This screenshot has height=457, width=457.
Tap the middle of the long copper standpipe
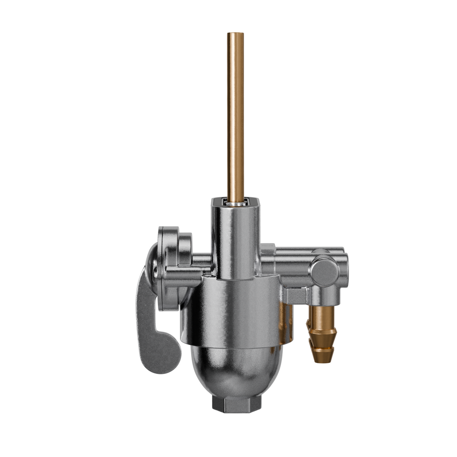pos(236,116)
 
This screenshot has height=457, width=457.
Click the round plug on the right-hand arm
pos(324,271)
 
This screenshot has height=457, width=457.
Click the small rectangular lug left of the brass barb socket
pos(296,295)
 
